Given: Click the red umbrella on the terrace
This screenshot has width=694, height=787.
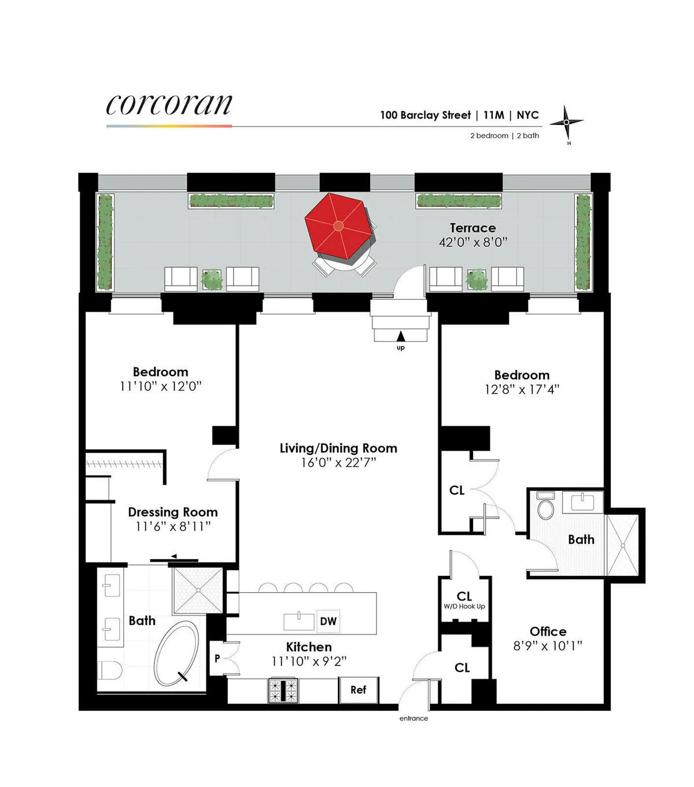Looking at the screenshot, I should pos(339,226).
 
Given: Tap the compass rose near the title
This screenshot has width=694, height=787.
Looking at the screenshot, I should pos(566,123).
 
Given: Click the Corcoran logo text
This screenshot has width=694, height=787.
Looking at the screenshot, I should pos(169,105).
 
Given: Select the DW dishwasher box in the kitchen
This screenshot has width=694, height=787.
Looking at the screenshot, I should pos(328,622).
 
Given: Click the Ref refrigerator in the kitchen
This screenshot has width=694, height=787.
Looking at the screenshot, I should pos(359,690).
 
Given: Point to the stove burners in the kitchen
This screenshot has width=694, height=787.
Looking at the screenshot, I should pos(283,690).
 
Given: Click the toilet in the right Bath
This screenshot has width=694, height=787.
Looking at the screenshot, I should pos(545,506).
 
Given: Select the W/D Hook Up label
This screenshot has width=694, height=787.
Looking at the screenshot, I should pos(464,607).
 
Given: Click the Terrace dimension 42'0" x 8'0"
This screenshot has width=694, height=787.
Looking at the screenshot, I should pos(472,242).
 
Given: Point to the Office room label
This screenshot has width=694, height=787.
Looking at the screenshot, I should pos(548,631).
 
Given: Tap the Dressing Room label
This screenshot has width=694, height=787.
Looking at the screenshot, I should pos(173,512).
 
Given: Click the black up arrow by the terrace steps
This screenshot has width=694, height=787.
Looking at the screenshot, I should pos(401,336).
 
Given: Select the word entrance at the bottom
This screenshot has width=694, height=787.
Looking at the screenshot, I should pos(414,718).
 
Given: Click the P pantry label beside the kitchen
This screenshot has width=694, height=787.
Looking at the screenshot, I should pos(217,658).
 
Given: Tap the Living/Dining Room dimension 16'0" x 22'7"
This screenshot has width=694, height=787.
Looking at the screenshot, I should pos(338,463).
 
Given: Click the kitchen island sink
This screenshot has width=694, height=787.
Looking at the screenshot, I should pos(298,621).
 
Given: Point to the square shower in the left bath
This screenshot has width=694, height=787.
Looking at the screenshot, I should pos(198,590).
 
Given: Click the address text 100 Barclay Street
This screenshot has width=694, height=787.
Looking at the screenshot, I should pos(425,115).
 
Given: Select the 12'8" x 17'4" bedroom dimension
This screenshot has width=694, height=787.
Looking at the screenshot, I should pos(522,390).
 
